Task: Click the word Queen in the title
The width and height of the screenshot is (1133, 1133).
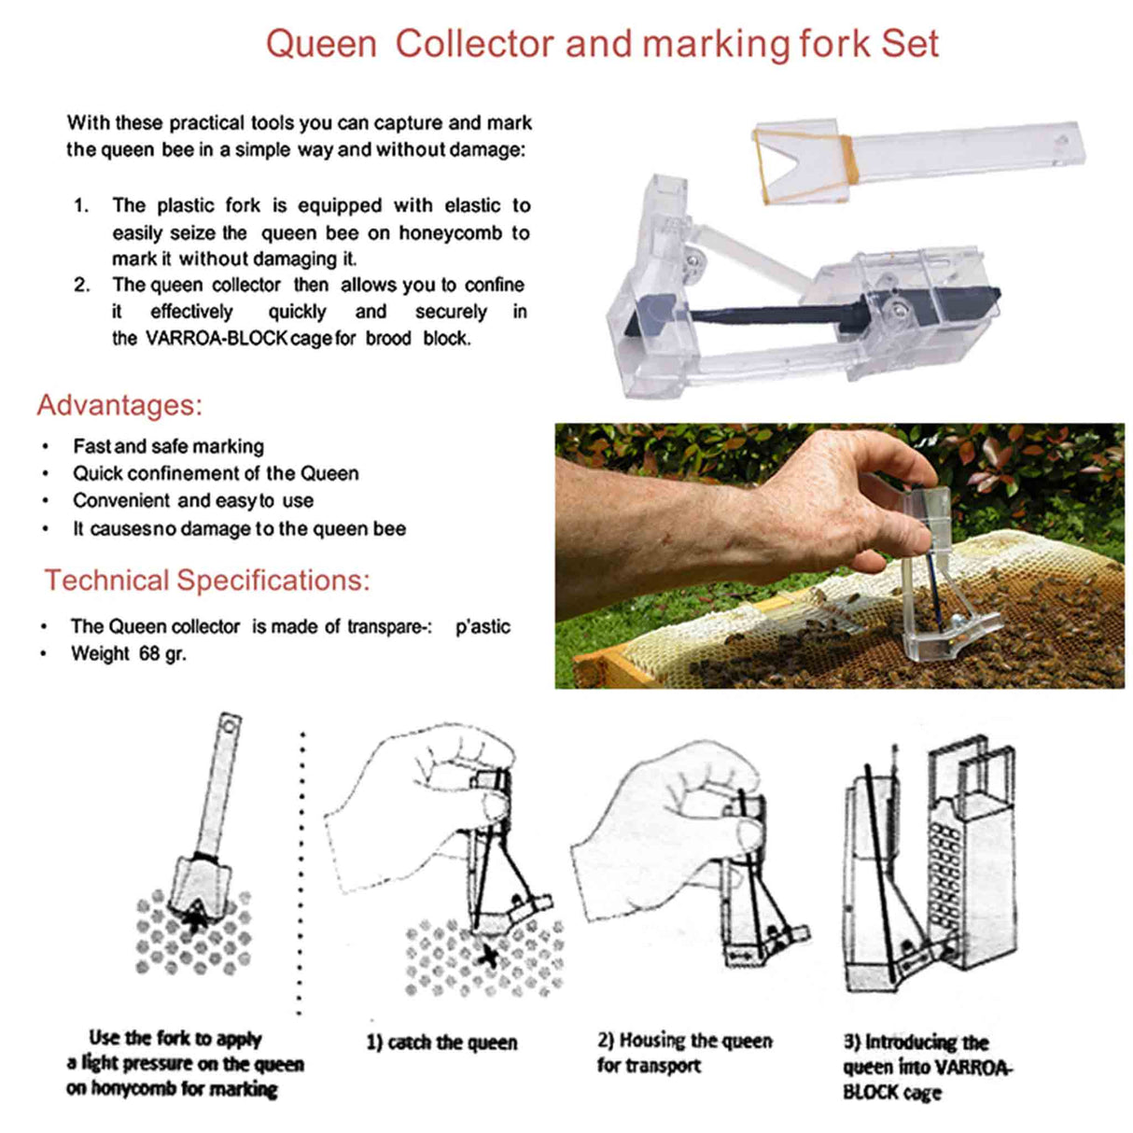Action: coord(321,44)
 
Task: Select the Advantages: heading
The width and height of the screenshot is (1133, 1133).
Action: coord(119,405)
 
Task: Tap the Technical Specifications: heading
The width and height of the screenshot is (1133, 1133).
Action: coord(207,580)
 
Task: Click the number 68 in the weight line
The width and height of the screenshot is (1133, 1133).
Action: coord(149,653)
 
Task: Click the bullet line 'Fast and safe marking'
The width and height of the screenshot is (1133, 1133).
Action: coord(168,446)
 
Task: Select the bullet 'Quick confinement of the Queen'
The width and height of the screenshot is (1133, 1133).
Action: coord(216,473)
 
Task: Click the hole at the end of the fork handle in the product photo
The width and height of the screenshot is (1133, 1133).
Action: coord(1060,143)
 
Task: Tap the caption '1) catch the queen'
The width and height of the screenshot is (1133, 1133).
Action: coord(441,1042)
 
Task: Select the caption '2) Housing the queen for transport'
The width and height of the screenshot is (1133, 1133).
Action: coord(684,1053)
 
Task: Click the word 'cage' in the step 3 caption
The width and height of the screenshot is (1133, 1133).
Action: coord(921,1093)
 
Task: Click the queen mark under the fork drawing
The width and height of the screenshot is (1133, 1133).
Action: coord(195,919)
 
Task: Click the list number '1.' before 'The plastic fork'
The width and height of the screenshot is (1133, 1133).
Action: coord(82,205)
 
